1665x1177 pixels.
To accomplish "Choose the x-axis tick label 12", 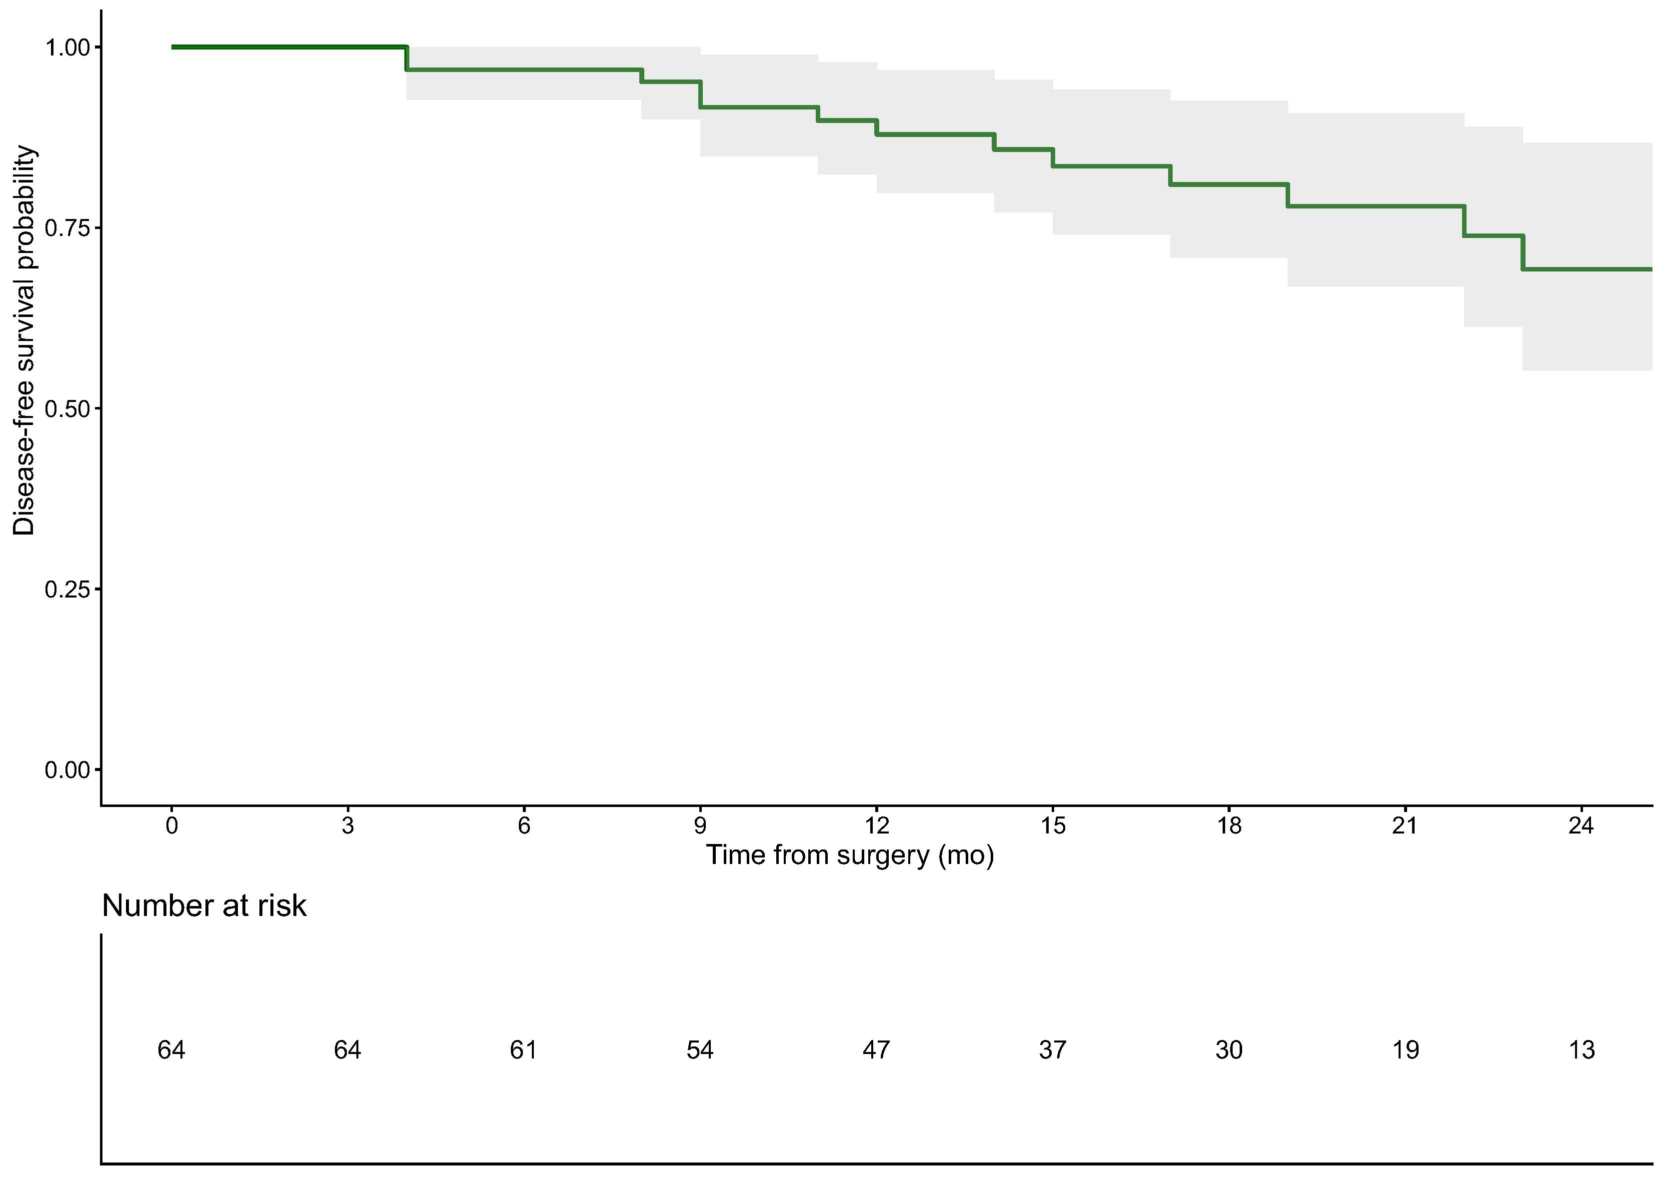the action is (877, 826).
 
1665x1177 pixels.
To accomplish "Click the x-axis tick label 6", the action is (524, 826).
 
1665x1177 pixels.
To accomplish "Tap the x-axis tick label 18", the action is (1229, 826).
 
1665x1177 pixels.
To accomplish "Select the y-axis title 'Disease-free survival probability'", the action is (24, 341).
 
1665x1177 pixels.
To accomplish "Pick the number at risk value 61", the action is (523, 1050).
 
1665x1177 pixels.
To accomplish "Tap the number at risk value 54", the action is (700, 1050).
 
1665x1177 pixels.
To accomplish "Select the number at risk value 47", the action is (877, 1050).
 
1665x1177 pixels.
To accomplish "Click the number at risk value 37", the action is (1053, 1050).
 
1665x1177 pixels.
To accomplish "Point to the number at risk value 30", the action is (1229, 1050).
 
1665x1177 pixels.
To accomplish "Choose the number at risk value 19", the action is (1406, 1050).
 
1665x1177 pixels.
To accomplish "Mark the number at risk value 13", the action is (1582, 1050).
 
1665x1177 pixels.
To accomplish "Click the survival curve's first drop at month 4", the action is (407, 58).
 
